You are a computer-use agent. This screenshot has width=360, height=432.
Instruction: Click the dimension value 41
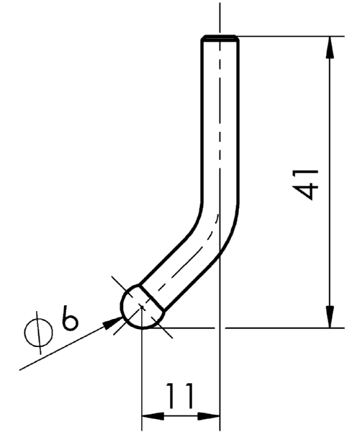point(305,185)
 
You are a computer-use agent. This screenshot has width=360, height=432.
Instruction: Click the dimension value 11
point(179,396)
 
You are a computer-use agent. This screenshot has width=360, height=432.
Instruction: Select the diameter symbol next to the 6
point(39,333)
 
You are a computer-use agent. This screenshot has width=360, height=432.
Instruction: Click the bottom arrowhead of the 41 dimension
point(330,317)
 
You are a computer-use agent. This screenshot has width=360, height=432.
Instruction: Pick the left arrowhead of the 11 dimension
point(153,416)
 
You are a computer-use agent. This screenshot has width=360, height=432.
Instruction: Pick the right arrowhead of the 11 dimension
point(209,416)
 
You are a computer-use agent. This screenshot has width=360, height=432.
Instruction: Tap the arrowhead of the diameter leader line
point(113,323)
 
